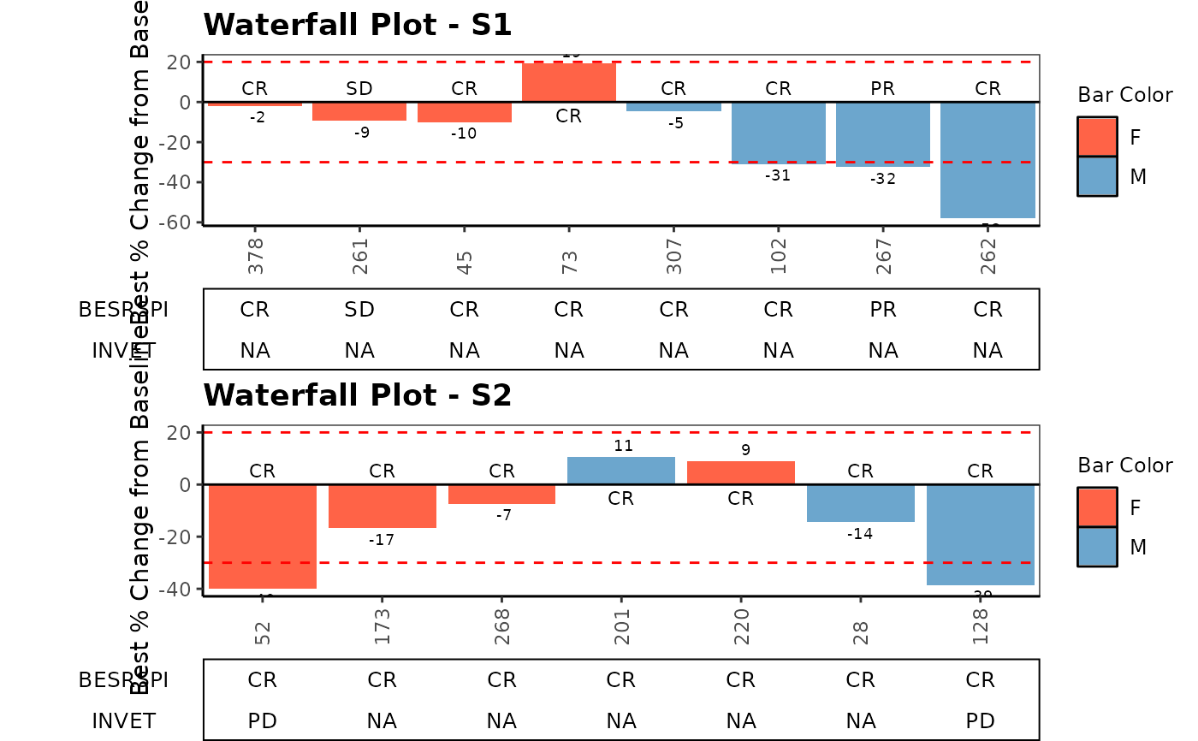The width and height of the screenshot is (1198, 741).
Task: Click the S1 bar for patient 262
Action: [x=987, y=160]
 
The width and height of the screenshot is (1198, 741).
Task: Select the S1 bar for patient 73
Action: [x=569, y=82]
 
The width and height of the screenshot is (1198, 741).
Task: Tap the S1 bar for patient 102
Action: [x=779, y=133]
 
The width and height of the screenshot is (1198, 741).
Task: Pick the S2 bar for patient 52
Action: [x=263, y=536]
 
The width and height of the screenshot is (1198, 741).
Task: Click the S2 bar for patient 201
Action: [x=621, y=471]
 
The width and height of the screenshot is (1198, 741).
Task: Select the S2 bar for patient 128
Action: [x=981, y=535]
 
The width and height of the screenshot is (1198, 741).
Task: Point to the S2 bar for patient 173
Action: [x=383, y=507]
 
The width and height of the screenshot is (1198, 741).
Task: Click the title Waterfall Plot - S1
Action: [x=358, y=25]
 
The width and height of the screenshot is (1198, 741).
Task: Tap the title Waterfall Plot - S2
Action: [x=358, y=395]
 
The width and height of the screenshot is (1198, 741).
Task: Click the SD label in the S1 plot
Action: [x=359, y=89]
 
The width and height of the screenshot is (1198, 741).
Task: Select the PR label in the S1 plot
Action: [x=883, y=89]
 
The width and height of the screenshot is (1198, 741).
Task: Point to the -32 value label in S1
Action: [x=883, y=180]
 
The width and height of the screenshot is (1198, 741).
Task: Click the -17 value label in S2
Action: [x=382, y=541]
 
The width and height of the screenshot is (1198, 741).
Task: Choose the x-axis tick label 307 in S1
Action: [x=674, y=255]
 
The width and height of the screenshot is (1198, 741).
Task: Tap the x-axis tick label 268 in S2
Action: [x=502, y=625]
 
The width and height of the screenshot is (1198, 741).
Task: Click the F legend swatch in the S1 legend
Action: [x=1097, y=137]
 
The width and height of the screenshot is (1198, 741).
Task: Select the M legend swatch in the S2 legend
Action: [x=1097, y=547]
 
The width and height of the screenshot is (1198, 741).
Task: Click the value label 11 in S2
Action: [x=622, y=446]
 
